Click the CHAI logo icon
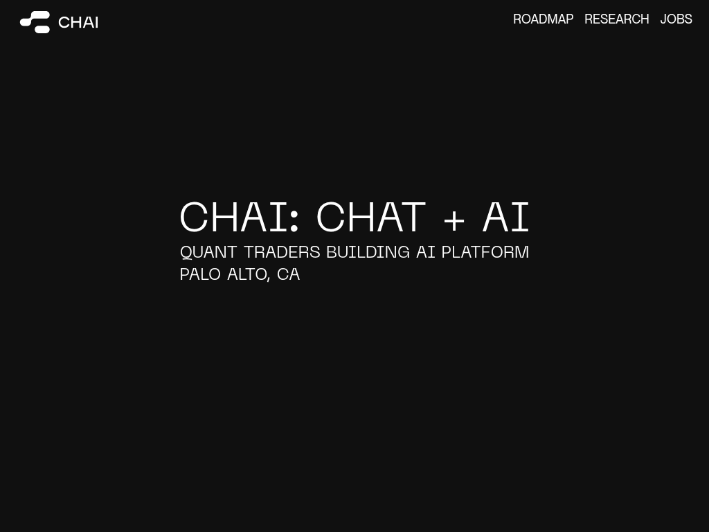[35, 22]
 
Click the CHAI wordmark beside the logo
[78, 22]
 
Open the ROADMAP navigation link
[543, 19]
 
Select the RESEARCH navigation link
[616, 19]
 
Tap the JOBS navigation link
[676, 19]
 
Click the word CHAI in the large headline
[234, 217]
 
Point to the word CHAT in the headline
[371, 217]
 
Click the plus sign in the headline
[454, 220]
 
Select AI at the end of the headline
[505, 217]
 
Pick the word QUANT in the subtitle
[208, 252]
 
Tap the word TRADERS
[282, 252]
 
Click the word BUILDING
[368, 252]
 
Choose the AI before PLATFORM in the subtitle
[426, 252]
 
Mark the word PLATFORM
[485, 252]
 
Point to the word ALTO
[246, 274]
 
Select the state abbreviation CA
[288, 274]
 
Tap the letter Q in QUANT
[186, 252]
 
